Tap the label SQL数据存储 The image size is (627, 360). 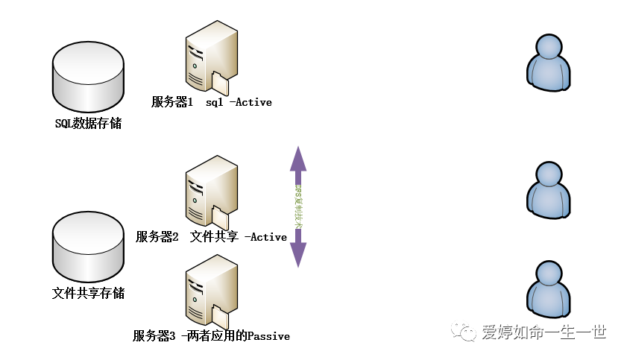click(88, 124)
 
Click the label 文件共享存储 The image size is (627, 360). click(88, 294)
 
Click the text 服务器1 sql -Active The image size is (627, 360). click(211, 102)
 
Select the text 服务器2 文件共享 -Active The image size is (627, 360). click(211, 237)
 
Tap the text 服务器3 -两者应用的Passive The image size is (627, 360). click(211, 336)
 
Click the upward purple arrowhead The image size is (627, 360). click(298, 158)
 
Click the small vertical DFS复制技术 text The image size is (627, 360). click(298, 206)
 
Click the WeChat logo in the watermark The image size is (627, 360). click(467, 332)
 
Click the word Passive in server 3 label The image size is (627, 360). click(268, 336)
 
